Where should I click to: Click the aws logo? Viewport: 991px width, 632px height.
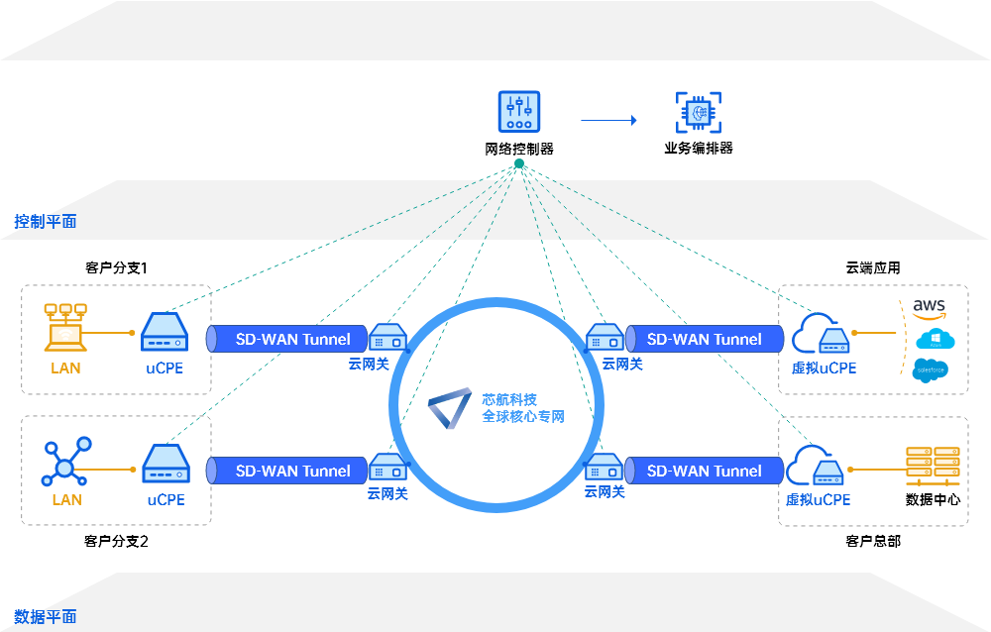tap(930, 305)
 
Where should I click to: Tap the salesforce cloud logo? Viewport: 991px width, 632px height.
tap(930, 371)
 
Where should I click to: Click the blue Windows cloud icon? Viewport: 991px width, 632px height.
tap(934, 339)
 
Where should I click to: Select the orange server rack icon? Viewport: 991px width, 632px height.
tap(933, 461)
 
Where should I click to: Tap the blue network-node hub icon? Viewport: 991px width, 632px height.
tap(66, 462)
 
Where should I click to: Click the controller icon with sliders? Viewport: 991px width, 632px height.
tap(519, 112)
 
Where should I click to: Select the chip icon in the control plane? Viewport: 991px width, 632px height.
tap(699, 112)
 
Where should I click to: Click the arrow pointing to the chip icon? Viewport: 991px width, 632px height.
tap(608, 121)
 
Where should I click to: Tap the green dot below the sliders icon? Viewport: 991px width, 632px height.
tap(519, 163)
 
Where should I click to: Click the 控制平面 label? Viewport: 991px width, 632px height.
tap(46, 221)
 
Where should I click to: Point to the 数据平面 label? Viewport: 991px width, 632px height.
tap(46, 617)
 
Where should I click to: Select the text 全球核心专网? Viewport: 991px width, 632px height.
tap(523, 417)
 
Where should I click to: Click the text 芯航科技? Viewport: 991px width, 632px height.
tap(509, 399)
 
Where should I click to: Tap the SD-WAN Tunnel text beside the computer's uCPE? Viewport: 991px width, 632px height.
tap(292, 339)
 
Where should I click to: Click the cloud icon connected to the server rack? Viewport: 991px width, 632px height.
tap(813, 464)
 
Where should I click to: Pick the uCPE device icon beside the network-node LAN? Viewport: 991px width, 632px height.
tap(165, 464)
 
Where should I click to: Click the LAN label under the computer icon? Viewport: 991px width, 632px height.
tap(65, 368)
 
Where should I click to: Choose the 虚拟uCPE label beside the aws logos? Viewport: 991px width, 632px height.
tap(824, 368)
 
